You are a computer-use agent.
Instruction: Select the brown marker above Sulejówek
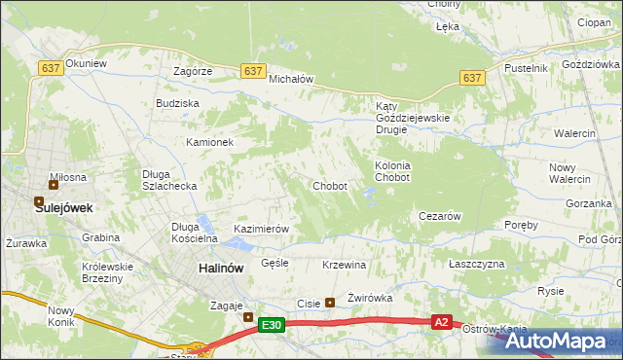click(x=54, y=184)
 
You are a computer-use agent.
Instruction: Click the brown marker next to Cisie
click(x=329, y=302)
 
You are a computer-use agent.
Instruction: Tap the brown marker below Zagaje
click(x=247, y=317)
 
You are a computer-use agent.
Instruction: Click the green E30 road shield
click(x=273, y=327)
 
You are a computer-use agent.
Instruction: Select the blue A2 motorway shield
click(x=442, y=321)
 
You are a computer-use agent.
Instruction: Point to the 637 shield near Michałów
click(x=253, y=71)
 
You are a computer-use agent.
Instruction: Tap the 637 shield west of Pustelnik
click(x=472, y=78)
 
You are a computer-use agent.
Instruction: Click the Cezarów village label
click(x=439, y=216)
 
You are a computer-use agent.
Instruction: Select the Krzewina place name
click(x=344, y=265)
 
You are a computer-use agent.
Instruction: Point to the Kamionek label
click(x=210, y=142)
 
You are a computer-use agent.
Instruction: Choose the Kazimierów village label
click(x=261, y=229)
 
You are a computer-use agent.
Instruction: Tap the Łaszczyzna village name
click(x=477, y=265)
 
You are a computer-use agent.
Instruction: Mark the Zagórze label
click(x=193, y=72)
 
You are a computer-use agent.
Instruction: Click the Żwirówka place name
click(x=369, y=300)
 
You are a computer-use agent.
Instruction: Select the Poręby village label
click(x=522, y=225)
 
